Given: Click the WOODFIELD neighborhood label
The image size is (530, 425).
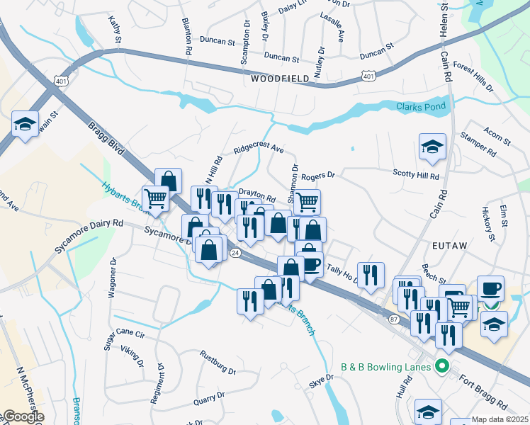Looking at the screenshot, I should tap(280, 79).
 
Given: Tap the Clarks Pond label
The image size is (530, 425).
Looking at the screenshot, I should tap(421, 107).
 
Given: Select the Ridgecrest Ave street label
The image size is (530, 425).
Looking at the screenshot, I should tap(259, 151).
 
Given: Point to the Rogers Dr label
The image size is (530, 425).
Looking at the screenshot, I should tap(317, 175).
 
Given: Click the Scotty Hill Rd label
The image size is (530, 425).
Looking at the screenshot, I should tap(417, 174).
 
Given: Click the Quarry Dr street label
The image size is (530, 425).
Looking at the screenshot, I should tap(209, 399).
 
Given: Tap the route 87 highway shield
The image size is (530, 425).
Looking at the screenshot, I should tap(394, 320).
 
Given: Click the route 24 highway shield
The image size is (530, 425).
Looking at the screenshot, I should tap(234, 253).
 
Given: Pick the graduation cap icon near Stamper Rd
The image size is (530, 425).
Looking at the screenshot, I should tap(432, 147).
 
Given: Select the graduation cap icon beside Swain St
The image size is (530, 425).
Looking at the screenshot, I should tap(26, 124).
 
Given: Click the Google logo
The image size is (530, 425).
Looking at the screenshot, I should tap(23, 417).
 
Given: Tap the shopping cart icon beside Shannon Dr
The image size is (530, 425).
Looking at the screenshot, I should tap(307, 202).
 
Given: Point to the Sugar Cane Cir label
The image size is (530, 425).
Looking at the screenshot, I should tap(124, 339).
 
